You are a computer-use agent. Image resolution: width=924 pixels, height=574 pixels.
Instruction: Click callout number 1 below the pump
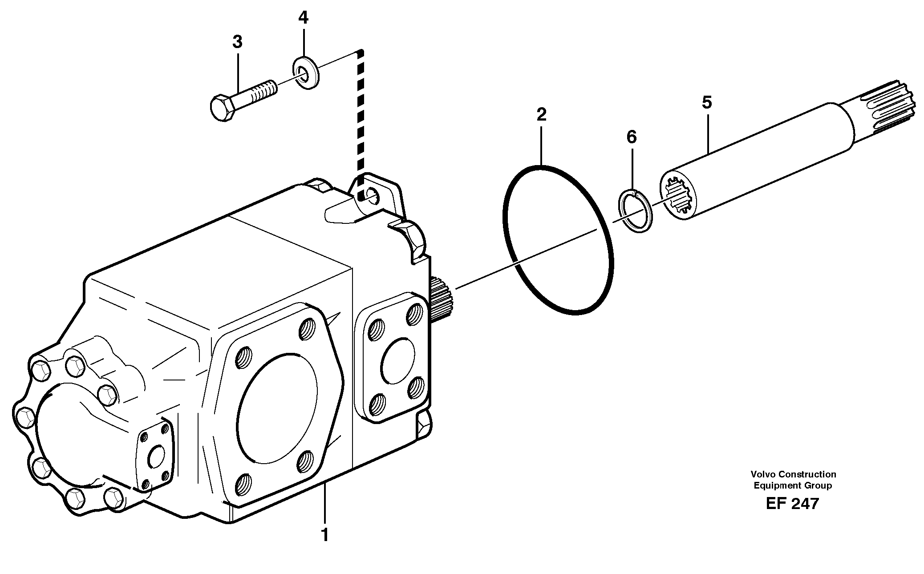(x=325, y=534)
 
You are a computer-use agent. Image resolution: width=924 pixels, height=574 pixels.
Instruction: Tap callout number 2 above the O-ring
(x=541, y=115)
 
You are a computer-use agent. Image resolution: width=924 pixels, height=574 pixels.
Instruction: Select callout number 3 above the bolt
(x=237, y=42)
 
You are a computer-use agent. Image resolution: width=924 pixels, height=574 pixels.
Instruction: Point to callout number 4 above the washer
(x=303, y=18)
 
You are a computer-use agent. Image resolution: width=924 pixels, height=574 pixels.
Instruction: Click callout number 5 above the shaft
(x=707, y=103)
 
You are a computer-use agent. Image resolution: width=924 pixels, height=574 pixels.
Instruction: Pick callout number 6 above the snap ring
(x=632, y=137)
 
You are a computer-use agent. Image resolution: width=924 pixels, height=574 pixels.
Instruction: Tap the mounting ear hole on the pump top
(x=372, y=194)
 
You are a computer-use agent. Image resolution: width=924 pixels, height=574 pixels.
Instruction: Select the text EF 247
(x=792, y=504)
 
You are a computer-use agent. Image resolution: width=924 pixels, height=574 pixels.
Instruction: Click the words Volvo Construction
(x=793, y=474)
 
